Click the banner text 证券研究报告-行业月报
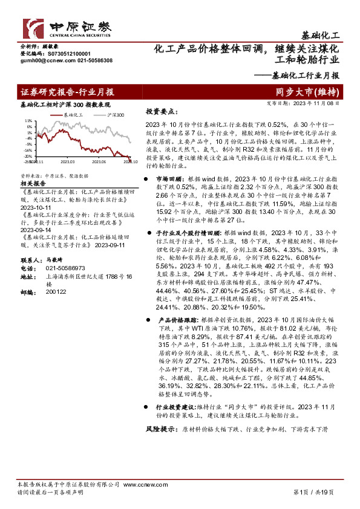click(x=67, y=92)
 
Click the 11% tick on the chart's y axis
click(x=28, y=120)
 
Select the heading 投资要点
click(x=160, y=112)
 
